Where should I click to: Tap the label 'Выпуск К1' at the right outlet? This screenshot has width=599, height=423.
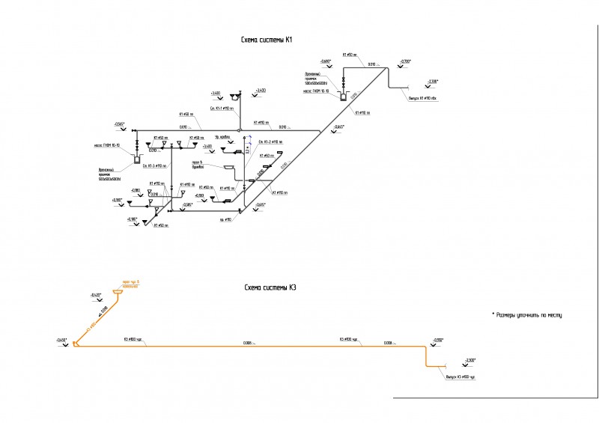[425, 97]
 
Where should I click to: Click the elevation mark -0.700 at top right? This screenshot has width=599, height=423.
[405, 61]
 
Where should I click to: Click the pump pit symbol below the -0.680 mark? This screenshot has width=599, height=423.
[344, 96]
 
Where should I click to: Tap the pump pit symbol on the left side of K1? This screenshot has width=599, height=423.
[137, 158]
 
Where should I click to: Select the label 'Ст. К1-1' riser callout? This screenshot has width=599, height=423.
[222, 109]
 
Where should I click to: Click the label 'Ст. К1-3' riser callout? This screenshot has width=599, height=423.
[155, 166]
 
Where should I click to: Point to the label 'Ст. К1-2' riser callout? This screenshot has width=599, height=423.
[270, 141]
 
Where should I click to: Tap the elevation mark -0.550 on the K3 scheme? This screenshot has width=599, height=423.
[438, 340]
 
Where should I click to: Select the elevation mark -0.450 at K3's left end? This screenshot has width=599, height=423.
[61, 341]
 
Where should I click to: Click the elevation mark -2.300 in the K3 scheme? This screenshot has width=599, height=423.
[469, 360]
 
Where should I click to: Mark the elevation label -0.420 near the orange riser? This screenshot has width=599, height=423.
[95, 295]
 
